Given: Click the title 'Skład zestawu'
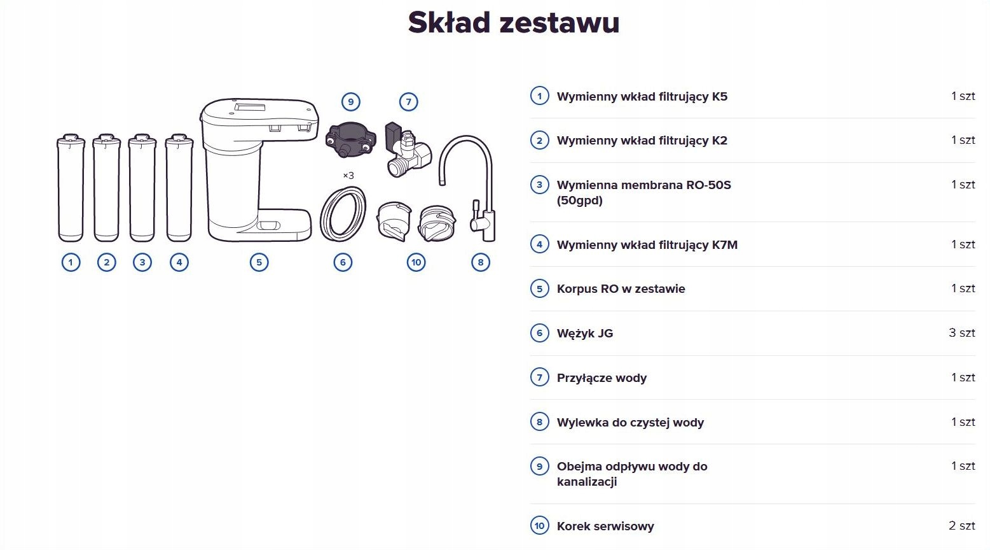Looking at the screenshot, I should pyautogui.click(x=513, y=22).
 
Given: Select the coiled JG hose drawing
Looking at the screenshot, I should pyautogui.click(x=343, y=214).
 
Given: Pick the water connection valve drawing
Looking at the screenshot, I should pyautogui.click(x=406, y=151).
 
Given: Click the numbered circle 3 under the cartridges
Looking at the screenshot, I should pyautogui.click(x=142, y=262).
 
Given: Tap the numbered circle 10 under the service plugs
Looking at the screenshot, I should pyautogui.click(x=416, y=262).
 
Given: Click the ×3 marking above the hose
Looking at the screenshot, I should pyautogui.click(x=348, y=176).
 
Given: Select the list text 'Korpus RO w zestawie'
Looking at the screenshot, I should pyautogui.click(x=621, y=289).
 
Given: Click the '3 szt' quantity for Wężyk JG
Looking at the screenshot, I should pyautogui.click(x=961, y=333).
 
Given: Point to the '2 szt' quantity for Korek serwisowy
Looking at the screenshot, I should pyautogui.click(x=961, y=526).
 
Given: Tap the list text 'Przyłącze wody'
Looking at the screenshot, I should pyautogui.click(x=602, y=378).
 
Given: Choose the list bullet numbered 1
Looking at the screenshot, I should pyautogui.click(x=539, y=96).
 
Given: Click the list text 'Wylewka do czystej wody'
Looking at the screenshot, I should pyautogui.click(x=630, y=423).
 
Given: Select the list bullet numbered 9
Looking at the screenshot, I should pyautogui.click(x=539, y=466).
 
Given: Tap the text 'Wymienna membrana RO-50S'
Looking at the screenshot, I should pyautogui.click(x=643, y=185).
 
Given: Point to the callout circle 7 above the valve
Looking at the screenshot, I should pyautogui.click(x=409, y=102).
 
